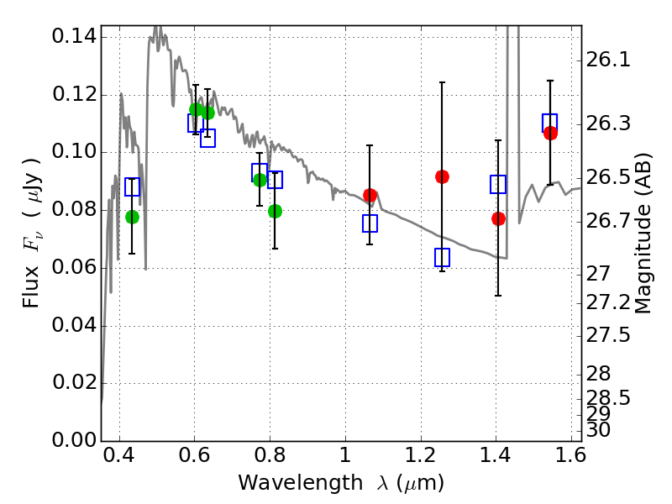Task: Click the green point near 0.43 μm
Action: click(132, 217)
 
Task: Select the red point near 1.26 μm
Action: click(442, 176)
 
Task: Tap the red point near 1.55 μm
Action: click(550, 133)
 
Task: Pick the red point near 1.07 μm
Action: click(370, 196)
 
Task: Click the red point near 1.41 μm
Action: click(498, 218)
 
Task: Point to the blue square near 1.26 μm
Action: click(442, 257)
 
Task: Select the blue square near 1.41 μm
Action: click(498, 184)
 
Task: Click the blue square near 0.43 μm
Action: click(132, 186)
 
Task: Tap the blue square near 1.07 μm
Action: click(370, 223)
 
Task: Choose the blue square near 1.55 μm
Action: click(550, 123)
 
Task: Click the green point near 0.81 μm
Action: click(275, 211)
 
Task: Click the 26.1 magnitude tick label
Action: click(613, 60)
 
